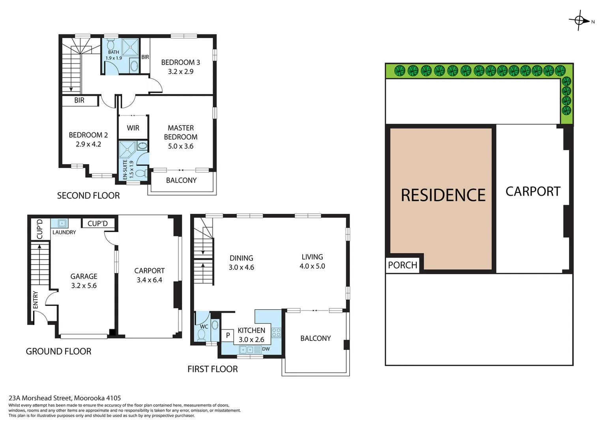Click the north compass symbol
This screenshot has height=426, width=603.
tap(579, 20)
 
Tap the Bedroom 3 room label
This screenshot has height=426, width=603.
tap(180, 62)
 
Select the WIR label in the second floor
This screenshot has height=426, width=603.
tap(133, 128)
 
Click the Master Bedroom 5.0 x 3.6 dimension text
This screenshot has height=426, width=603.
tap(181, 146)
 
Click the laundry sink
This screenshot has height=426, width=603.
tap(62, 223)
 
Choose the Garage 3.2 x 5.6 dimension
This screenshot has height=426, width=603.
tap(84, 286)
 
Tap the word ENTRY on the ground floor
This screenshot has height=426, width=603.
tap(36, 300)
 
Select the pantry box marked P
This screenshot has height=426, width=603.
tap(228, 335)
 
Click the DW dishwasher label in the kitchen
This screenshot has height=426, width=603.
tap(266, 349)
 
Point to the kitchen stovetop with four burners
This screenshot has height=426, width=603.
tap(276, 333)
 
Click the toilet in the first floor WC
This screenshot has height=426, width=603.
tap(201, 335)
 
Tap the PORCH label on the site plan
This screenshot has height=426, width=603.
tap(403, 265)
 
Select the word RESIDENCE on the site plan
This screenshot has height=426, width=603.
tap(443, 195)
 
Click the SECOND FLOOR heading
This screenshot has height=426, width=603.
tap(88, 196)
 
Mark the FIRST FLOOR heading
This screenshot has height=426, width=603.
tap(212, 369)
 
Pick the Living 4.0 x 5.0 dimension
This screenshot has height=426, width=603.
tap(312, 266)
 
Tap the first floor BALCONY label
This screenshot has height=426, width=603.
tap(315, 338)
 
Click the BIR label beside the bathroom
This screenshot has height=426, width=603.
tap(145, 57)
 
